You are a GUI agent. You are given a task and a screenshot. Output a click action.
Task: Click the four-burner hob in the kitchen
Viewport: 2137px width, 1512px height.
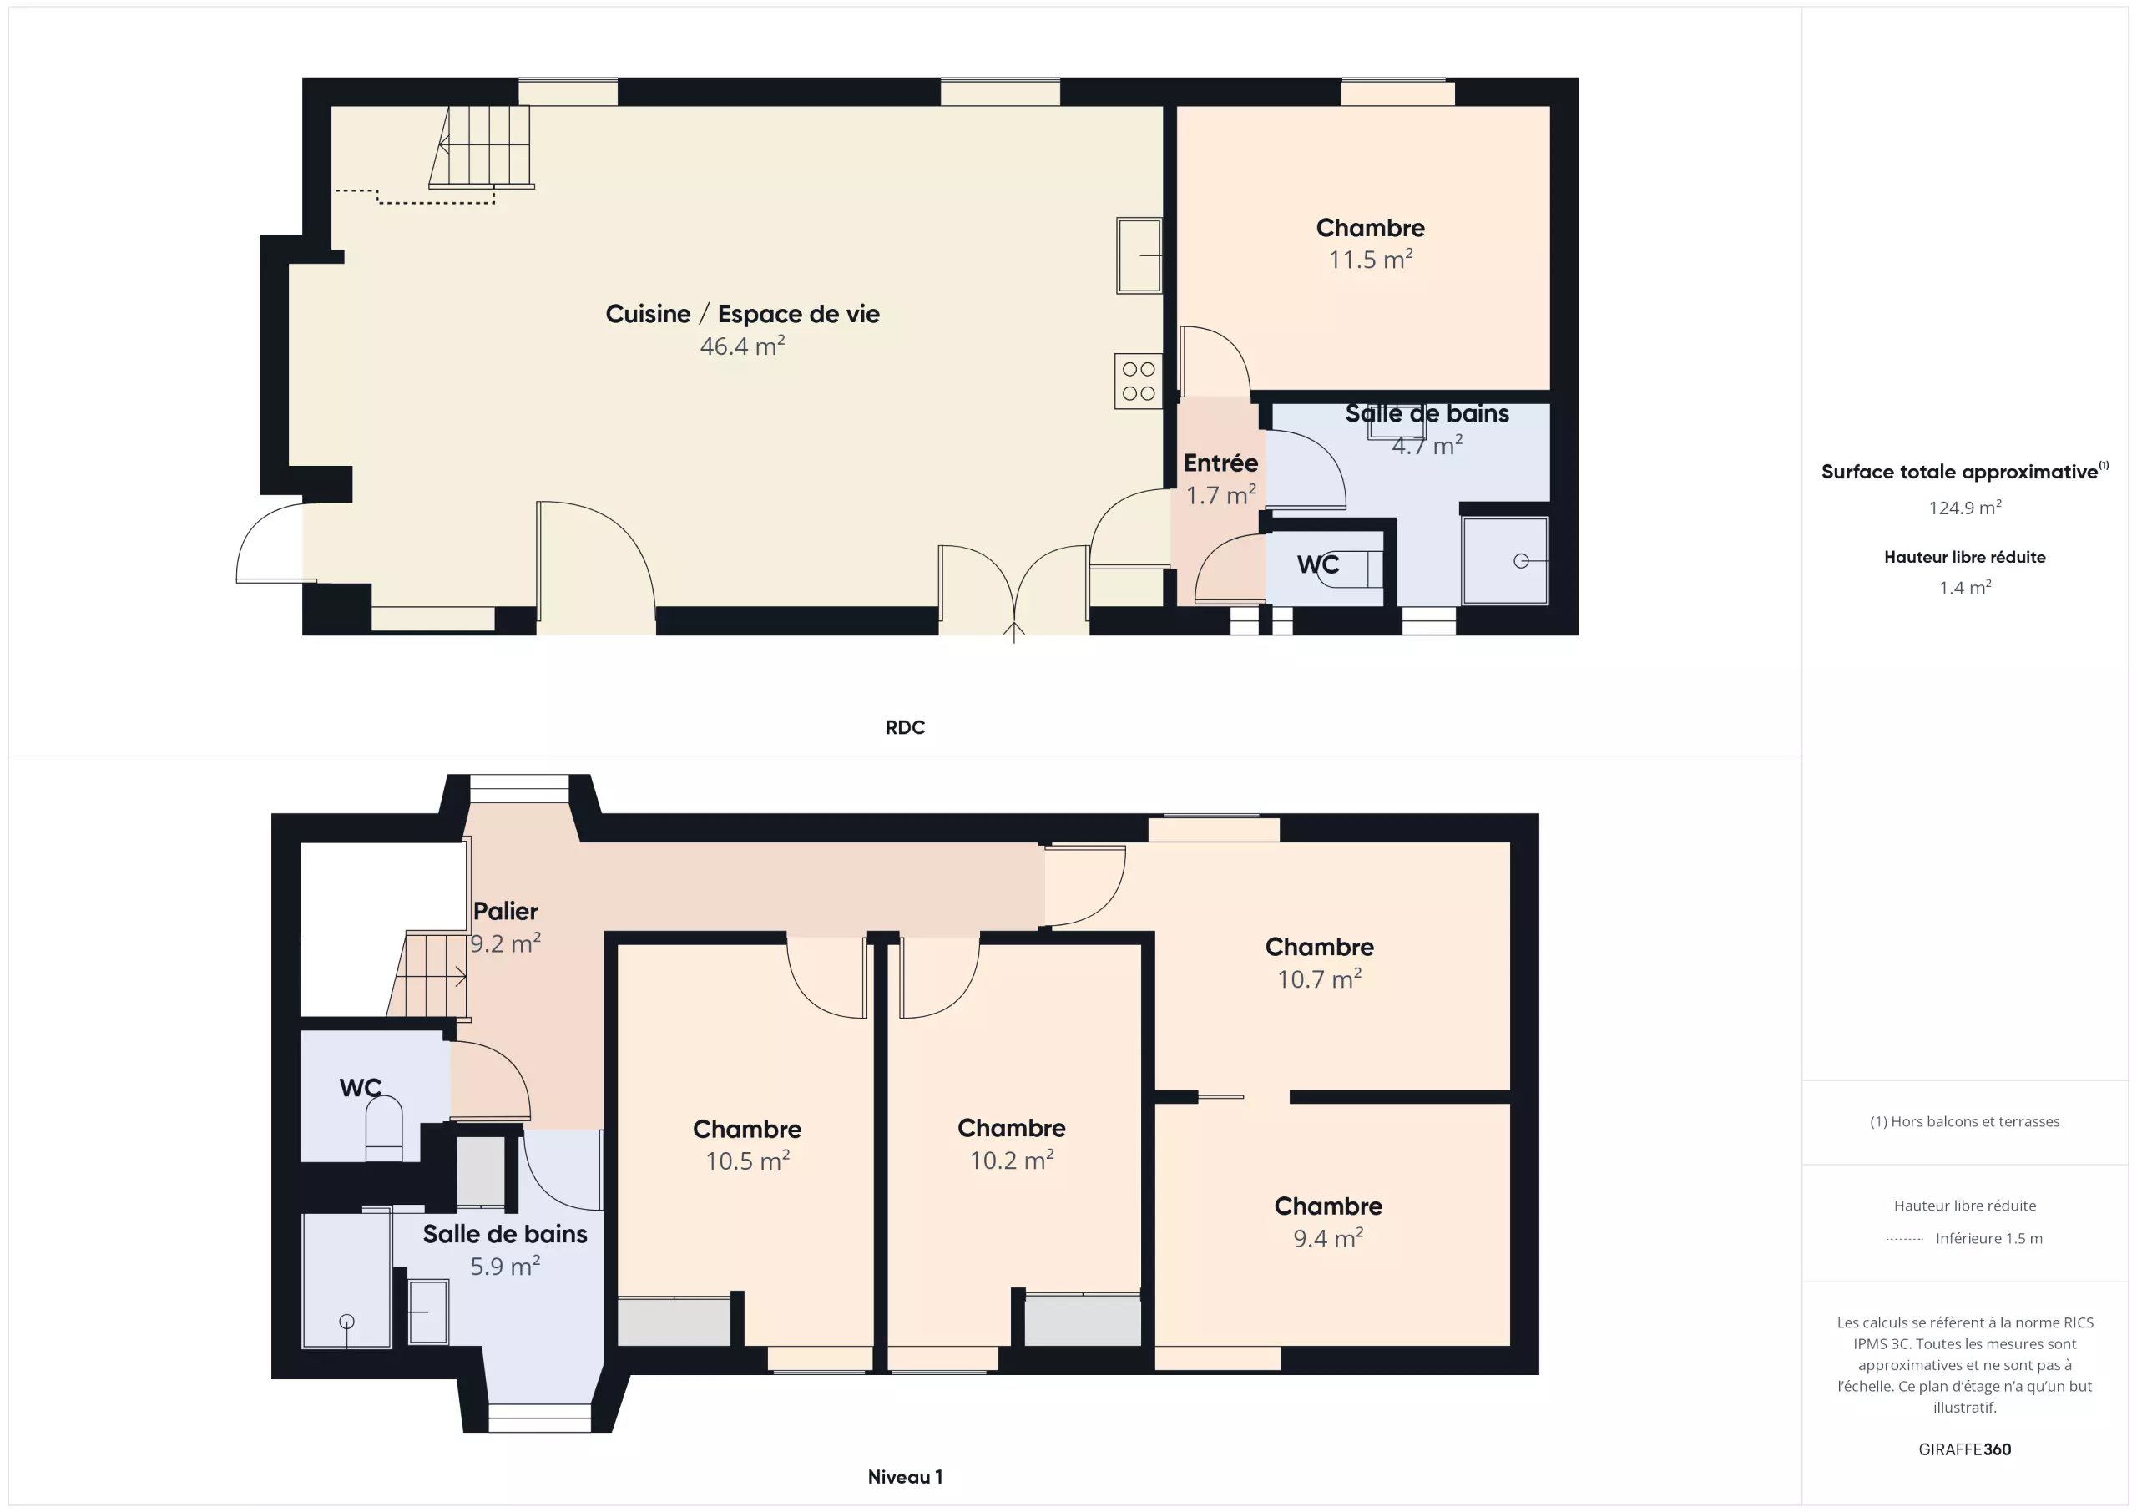pyautogui.click(x=1139, y=381)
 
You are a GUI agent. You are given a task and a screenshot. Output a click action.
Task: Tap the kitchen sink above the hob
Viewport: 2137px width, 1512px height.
pyautogui.click(x=1139, y=255)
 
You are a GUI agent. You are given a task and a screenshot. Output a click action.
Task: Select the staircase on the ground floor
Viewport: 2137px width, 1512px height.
pyautogui.click(x=481, y=147)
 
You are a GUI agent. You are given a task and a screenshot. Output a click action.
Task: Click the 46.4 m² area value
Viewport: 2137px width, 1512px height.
pyautogui.click(x=742, y=346)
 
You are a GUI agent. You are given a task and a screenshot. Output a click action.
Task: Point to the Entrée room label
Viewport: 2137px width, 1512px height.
pyautogui.click(x=1220, y=463)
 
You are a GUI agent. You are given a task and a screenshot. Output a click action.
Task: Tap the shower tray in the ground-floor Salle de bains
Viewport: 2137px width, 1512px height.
pyautogui.click(x=1505, y=560)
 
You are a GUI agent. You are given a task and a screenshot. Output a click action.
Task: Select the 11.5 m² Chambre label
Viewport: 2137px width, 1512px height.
pyautogui.click(x=1370, y=228)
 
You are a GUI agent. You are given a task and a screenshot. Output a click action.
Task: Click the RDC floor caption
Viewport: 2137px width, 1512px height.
pyautogui.click(x=905, y=727)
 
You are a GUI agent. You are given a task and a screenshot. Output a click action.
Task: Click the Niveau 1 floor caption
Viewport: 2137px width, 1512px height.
pyautogui.click(x=905, y=1477)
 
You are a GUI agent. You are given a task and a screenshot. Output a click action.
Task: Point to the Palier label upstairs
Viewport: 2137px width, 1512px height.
pyautogui.click(x=505, y=911)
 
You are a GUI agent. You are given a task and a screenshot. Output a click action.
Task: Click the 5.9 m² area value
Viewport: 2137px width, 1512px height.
pyautogui.click(x=504, y=1267)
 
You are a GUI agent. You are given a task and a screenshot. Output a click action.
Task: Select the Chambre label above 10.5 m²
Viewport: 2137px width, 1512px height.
pyautogui.click(x=747, y=1130)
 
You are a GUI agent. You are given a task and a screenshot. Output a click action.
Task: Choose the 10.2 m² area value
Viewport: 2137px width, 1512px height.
pyautogui.click(x=1012, y=1160)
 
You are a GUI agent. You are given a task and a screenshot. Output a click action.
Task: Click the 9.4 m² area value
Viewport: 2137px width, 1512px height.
pyautogui.click(x=1328, y=1238)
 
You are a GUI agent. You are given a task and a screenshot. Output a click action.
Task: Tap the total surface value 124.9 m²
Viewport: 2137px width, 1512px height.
pyautogui.click(x=1965, y=508)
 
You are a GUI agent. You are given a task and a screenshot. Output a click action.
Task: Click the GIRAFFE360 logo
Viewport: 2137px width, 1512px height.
pyautogui.click(x=1965, y=1449)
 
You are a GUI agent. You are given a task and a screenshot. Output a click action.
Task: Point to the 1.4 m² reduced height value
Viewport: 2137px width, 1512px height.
pyautogui.click(x=1965, y=588)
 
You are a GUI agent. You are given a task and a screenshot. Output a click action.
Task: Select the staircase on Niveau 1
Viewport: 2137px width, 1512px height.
pyautogui.click(x=428, y=975)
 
